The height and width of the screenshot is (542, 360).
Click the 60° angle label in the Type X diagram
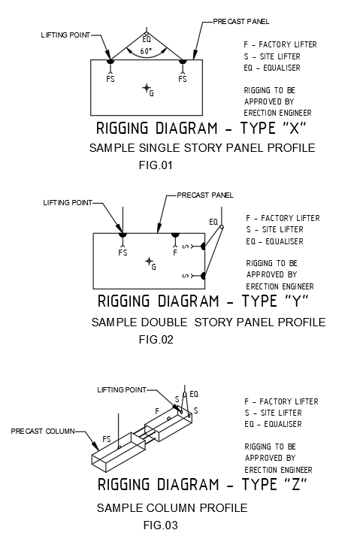146,51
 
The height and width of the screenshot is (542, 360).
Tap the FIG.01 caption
156,165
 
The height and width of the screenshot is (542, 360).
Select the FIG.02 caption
156,340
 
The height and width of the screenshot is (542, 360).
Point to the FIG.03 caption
160,525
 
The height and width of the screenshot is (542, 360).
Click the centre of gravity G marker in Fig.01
147,88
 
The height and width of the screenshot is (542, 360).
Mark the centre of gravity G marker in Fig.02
149,261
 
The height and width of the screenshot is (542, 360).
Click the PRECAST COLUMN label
43,431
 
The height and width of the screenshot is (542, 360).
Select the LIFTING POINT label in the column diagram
122,390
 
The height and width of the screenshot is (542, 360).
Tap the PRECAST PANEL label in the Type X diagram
241,22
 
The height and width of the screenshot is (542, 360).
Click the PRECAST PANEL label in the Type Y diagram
205,195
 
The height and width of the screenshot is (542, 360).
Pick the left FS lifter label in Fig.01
110,79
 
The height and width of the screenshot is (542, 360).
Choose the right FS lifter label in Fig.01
183,79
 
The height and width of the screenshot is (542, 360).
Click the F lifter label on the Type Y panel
175,253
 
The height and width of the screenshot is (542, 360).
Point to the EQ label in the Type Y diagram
213,222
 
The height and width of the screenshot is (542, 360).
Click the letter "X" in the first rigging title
294,129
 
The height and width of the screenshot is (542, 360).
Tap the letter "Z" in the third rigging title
296,484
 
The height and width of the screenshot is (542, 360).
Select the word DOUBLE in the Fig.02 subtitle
165,322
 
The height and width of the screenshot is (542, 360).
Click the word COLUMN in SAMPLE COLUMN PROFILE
171,507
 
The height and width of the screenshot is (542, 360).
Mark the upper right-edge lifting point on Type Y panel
203,246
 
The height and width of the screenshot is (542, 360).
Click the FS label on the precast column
107,439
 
